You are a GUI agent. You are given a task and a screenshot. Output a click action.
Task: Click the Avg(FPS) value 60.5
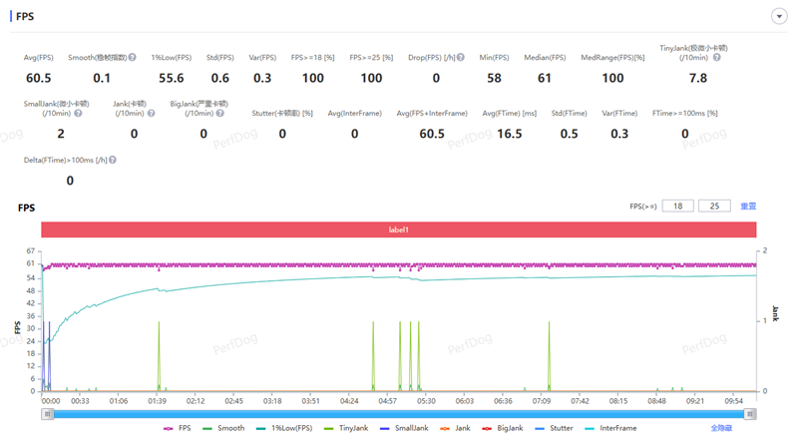[39, 78]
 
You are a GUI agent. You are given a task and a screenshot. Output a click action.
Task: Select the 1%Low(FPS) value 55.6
[171, 78]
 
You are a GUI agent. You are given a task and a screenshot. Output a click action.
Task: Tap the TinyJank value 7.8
[698, 78]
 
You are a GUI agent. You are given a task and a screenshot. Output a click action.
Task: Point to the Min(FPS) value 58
[494, 78]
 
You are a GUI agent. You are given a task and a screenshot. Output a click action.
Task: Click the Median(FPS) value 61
[545, 78]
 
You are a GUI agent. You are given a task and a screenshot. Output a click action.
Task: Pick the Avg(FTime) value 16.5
[509, 134]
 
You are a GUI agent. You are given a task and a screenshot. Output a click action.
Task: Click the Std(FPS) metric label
[219, 58]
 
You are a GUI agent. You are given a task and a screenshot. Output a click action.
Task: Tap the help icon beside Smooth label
[132, 58]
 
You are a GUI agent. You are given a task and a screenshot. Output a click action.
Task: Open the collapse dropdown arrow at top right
[778, 17]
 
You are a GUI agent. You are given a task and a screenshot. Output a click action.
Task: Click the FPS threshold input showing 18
[677, 207]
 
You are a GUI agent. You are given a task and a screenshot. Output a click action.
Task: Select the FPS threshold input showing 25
[714, 207]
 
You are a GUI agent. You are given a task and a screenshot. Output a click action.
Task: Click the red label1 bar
[398, 229]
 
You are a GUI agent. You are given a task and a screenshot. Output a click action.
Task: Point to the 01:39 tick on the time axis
[157, 401]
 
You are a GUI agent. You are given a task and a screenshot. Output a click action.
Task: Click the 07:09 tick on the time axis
[542, 401]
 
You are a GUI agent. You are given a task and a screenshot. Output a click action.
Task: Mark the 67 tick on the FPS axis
[32, 250]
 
